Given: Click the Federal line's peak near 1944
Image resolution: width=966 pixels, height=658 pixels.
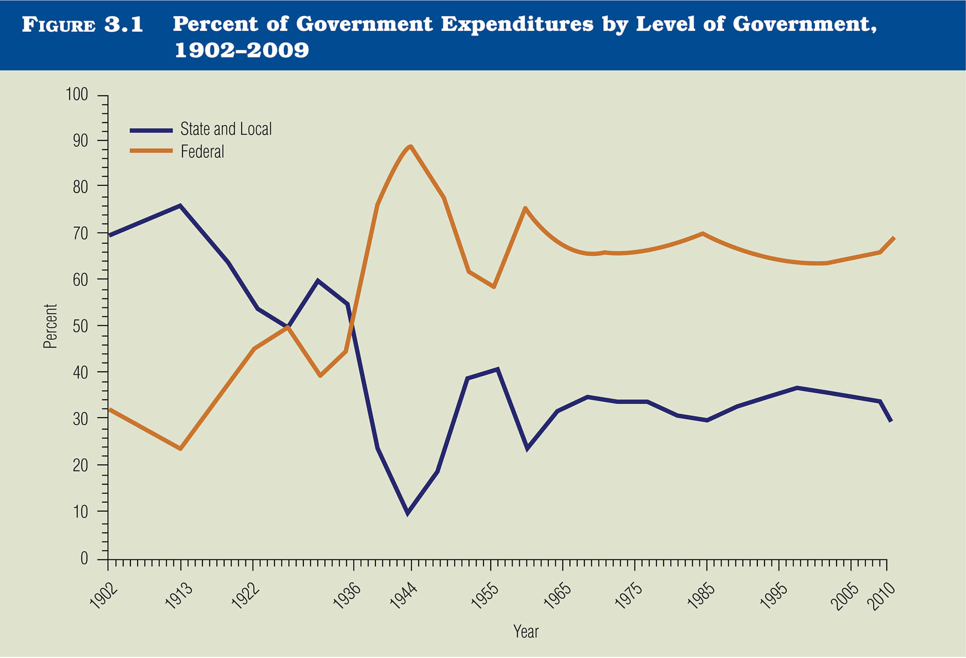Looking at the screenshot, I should click(x=410, y=146).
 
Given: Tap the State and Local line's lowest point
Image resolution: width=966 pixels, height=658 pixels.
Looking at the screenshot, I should click(x=408, y=513).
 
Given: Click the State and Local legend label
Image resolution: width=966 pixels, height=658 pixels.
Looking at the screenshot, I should click(x=226, y=129).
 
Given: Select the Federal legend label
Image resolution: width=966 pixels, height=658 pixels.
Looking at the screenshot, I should click(x=202, y=152).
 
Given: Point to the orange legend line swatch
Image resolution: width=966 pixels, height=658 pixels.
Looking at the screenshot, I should click(x=151, y=151).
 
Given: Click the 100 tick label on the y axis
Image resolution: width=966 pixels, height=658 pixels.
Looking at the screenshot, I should click(x=77, y=95).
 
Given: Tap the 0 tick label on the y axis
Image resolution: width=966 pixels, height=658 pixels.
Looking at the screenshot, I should click(x=85, y=559).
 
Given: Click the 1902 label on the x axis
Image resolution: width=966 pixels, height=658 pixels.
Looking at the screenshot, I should click(x=103, y=597).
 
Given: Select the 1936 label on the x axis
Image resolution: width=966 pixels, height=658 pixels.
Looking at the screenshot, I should click(x=347, y=597).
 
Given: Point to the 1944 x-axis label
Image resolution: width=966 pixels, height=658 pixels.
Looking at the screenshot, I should click(x=403, y=597).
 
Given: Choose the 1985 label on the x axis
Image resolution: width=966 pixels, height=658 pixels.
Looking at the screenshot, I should click(x=701, y=597).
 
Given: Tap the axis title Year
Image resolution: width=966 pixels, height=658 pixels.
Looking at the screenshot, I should click(x=526, y=632).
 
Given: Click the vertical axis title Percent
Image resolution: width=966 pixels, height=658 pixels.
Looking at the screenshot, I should click(x=50, y=326).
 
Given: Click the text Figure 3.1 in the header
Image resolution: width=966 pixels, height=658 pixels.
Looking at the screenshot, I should click(x=83, y=25).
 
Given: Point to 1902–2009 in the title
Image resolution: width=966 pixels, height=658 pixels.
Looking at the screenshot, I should click(x=241, y=50).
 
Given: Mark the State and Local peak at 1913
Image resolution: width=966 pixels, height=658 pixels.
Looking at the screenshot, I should click(x=180, y=206).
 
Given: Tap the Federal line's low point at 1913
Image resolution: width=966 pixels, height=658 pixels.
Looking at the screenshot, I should click(x=180, y=449).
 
